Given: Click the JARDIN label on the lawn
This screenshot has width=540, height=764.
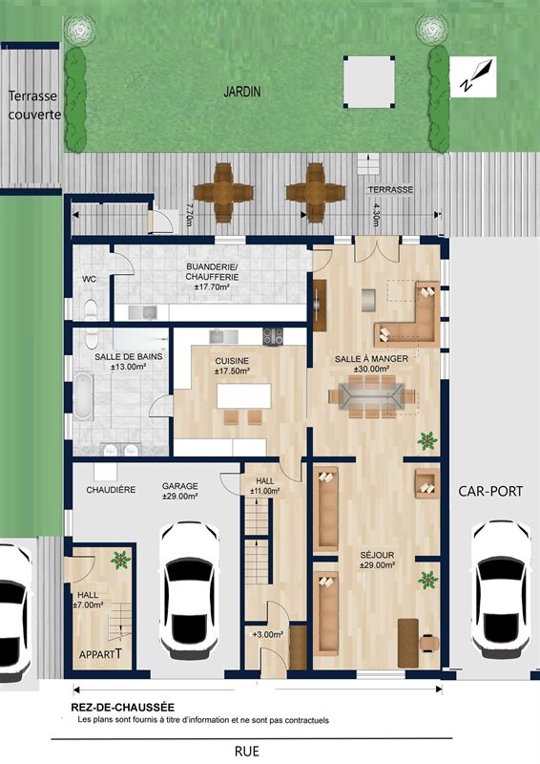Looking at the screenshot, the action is pos(242,92).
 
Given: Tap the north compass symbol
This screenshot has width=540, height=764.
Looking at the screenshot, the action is pos(473,76).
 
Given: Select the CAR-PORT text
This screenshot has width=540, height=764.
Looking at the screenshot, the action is pos(490,491).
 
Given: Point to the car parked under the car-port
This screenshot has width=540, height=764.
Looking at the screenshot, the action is pos(502,588).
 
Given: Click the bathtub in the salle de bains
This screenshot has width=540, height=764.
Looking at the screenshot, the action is pos(84,395).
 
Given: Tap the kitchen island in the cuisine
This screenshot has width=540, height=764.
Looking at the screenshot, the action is pos(244,396).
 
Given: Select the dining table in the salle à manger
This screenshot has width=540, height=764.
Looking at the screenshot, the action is pos(372,396).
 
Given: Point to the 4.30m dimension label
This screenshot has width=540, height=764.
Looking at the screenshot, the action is pos(375,215).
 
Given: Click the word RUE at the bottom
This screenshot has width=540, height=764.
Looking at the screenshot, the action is pos(247,751).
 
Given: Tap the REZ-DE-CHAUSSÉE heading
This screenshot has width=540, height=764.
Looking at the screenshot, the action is pos(123,707).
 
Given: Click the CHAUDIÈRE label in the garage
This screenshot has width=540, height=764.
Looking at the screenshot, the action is pos(111,490).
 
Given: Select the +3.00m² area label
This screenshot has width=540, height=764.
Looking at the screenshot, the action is pos(268,634).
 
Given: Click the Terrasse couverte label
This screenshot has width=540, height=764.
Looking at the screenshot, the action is pos(34,105).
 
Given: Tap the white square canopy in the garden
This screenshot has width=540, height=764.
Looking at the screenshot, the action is pos(368,82).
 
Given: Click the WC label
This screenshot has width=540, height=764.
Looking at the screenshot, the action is pos(89,279).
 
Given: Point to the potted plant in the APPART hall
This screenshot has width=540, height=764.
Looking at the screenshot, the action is pos(120,560).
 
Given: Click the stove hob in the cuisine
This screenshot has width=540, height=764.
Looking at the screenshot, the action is pos(273,336).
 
